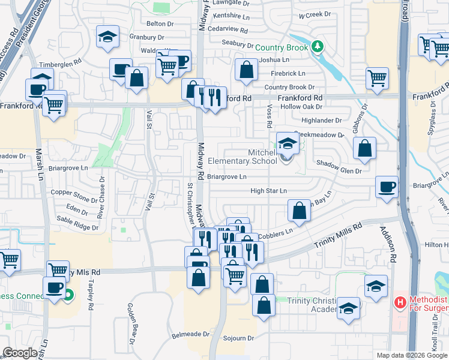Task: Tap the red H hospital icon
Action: coord(400,302)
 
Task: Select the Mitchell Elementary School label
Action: coord(243,157)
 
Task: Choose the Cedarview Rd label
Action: coord(227,29)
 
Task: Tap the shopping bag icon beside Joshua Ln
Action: coord(246,70)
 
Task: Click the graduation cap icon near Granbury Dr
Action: coord(107,37)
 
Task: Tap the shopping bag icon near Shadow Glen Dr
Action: coord(364,148)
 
